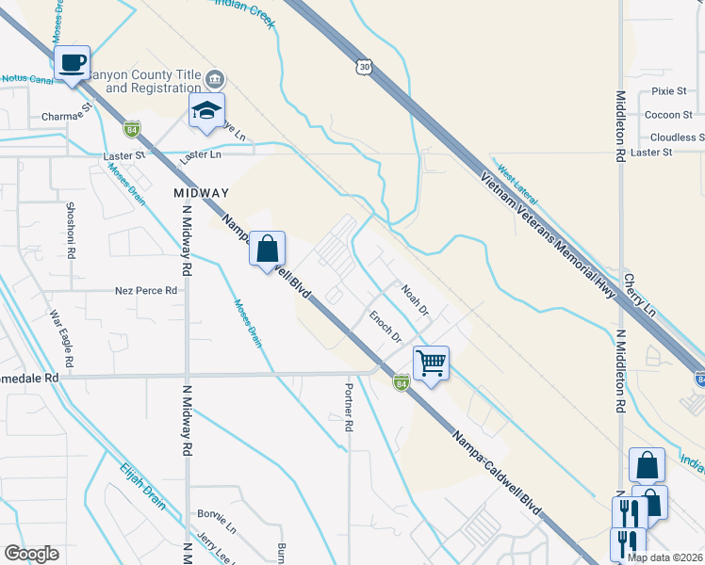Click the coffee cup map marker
click(73, 64)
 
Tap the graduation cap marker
click(206, 111)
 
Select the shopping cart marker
click(431, 362)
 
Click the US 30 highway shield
click(365, 67)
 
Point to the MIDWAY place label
click(202, 192)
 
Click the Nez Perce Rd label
click(146, 291)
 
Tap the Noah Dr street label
click(414, 299)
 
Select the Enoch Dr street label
click(385, 326)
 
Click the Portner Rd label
click(348, 407)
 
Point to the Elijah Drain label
click(142, 485)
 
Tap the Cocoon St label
click(668, 115)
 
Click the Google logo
click(31, 554)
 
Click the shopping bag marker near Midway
click(267, 250)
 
